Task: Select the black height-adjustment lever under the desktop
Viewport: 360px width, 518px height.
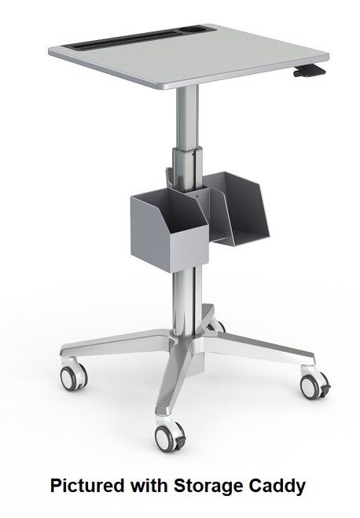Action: [308, 72]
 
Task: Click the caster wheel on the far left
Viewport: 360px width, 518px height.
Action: [73, 377]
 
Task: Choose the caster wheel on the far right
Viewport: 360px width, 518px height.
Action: [312, 384]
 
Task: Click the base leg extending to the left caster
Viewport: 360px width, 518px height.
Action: [118, 347]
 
